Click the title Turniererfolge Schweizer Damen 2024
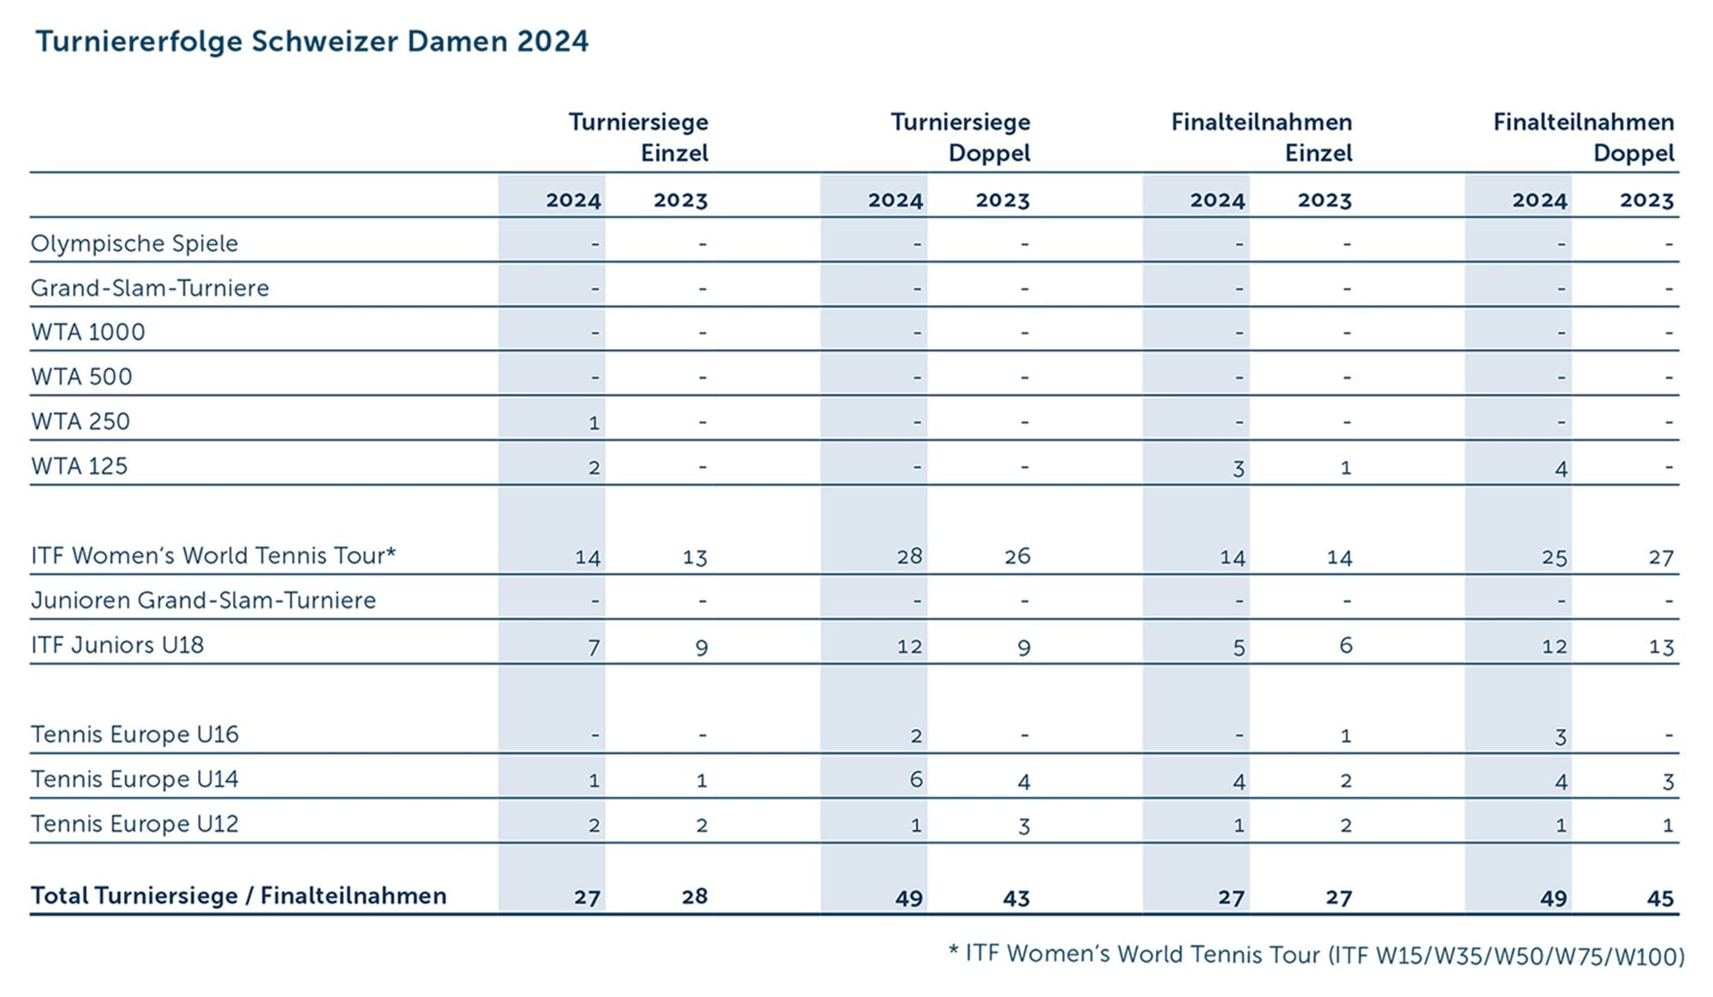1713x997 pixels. (312, 41)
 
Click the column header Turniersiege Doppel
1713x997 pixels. (960, 137)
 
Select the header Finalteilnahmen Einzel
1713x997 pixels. (1261, 137)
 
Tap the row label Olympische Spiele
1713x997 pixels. (134, 243)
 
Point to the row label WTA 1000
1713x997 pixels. (88, 333)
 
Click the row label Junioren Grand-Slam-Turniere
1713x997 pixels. (202, 600)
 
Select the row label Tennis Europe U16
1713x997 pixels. (134, 734)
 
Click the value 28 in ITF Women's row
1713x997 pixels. (909, 556)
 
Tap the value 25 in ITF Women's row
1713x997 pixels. (1554, 558)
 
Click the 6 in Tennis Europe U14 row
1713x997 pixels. (916, 780)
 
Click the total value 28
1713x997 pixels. (694, 896)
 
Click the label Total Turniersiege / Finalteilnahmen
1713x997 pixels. (238, 896)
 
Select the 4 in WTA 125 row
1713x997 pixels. (1561, 469)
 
